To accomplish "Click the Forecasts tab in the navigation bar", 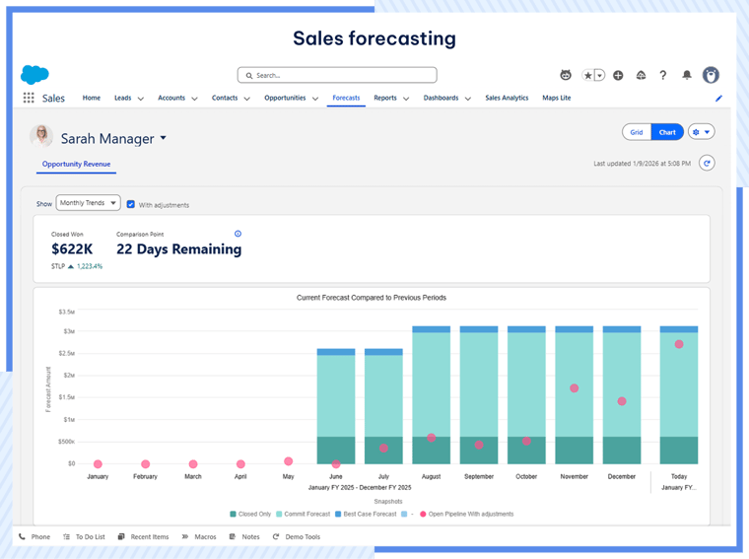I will click(x=346, y=99).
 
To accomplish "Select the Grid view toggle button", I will click(x=637, y=132).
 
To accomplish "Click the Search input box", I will click(x=337, y=75).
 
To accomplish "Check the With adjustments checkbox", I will click(x=131, y=204).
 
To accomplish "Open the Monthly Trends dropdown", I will click(x=89, y=203).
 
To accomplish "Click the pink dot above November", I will click(x=574, y=388).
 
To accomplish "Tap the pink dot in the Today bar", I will click(x=679, y=344).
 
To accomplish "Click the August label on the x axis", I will click(x=431, y=476).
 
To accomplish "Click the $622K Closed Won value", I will click(x=71, y=249).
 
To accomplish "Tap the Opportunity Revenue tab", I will click(x=76, y=164).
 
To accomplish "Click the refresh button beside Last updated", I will click(x=707, y=164).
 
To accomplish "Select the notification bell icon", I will click(x=687, y=75).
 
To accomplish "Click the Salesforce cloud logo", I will click(x=34, y=75).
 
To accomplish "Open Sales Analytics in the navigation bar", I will click(x=507, y=99).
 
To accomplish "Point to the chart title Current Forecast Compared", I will click(x=372, y=297).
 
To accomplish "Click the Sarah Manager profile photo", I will click(x=42, y=137).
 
